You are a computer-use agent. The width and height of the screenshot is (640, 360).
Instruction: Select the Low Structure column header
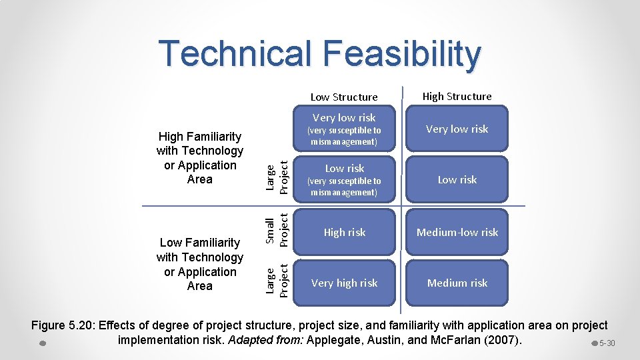point(344,97)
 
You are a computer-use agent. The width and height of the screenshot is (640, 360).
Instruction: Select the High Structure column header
point(457,97)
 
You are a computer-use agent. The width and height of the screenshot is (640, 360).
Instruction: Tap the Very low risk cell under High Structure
point(457,129)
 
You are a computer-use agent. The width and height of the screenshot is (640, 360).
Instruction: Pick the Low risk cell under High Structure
point(457,180)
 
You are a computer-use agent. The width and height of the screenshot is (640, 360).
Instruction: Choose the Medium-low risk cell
point(457,233)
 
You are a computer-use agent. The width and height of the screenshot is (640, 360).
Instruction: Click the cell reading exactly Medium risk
point(457,283)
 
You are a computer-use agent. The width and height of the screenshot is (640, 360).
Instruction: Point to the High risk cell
point(344,233)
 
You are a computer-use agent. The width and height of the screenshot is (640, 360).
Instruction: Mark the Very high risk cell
point(344,283)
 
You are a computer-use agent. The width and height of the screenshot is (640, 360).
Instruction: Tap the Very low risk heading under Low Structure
point(344,118)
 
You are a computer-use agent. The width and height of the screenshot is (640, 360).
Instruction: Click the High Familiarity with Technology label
point(200,158)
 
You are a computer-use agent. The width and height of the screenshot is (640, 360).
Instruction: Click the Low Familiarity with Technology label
point(200,264)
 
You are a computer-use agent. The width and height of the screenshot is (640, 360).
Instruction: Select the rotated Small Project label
point(276,231)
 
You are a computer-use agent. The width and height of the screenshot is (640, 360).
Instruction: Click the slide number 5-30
point(607,343)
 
